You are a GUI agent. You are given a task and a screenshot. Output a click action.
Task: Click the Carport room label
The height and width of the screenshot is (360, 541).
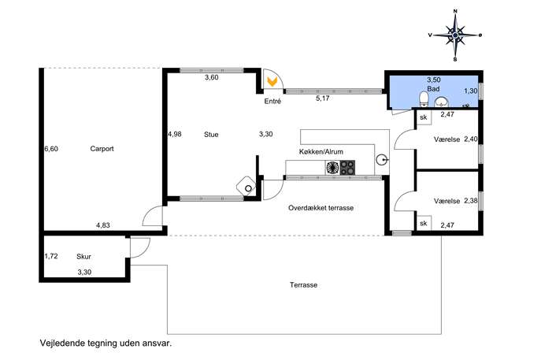[102, 149]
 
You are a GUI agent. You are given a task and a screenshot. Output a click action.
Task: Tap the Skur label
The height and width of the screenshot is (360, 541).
[83, 257]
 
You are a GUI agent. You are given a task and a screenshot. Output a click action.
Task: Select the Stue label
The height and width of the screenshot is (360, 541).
[211, 134]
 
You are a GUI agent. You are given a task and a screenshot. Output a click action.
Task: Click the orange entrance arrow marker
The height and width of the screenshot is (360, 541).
[272, 81]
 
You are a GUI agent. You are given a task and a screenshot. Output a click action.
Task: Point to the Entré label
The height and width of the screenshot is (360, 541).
[272, 101]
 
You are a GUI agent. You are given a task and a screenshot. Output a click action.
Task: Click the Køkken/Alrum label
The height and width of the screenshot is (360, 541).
[321, 151]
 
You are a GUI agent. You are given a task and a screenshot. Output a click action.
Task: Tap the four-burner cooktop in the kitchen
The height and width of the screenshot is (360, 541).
[347, 168]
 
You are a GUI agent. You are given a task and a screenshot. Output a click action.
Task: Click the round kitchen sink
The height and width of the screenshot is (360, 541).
[381, 160]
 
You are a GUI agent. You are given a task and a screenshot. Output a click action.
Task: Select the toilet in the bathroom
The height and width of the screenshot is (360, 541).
[424, 98]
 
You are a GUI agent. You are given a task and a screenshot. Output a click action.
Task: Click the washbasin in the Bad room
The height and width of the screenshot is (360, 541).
[441, 102]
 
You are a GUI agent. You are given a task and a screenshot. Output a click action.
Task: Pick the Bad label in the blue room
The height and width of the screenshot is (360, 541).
[433, 89]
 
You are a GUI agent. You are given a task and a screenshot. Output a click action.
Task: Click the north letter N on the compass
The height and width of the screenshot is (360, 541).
[455, 11]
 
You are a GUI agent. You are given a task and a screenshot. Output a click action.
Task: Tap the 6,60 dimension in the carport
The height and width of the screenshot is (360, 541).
[51, 149]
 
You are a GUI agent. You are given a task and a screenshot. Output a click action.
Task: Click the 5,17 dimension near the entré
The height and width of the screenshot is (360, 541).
[323, 98]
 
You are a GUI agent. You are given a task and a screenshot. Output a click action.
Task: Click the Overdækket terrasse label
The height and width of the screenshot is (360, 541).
[321, 208]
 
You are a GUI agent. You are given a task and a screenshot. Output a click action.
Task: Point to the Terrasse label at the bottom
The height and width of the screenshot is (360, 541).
[304, 285]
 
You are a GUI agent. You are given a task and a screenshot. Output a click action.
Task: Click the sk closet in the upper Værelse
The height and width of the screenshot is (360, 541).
[424, 117]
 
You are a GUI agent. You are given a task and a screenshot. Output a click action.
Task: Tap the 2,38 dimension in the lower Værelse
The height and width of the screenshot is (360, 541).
[471, 201]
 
